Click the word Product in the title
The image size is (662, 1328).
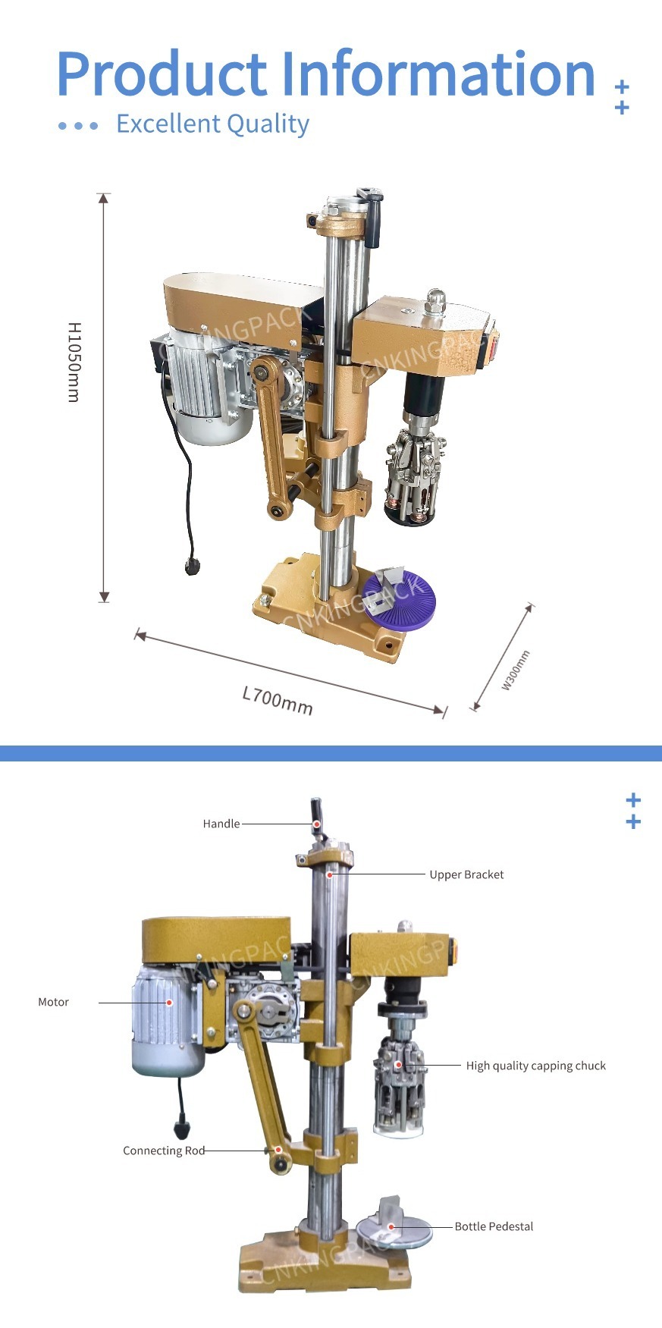[162, 74]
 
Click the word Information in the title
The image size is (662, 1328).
[438, 74]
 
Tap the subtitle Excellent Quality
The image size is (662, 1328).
[212, 124]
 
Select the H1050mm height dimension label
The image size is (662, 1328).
[74, 362]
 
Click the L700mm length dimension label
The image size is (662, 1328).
[278, 701]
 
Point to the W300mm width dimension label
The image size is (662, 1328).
[516, 670]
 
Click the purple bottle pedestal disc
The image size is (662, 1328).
[399, 600]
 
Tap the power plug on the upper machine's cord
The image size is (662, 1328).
[193, 567]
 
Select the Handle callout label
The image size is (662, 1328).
[221, 824]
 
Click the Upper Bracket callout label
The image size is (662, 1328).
[466, 874]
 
